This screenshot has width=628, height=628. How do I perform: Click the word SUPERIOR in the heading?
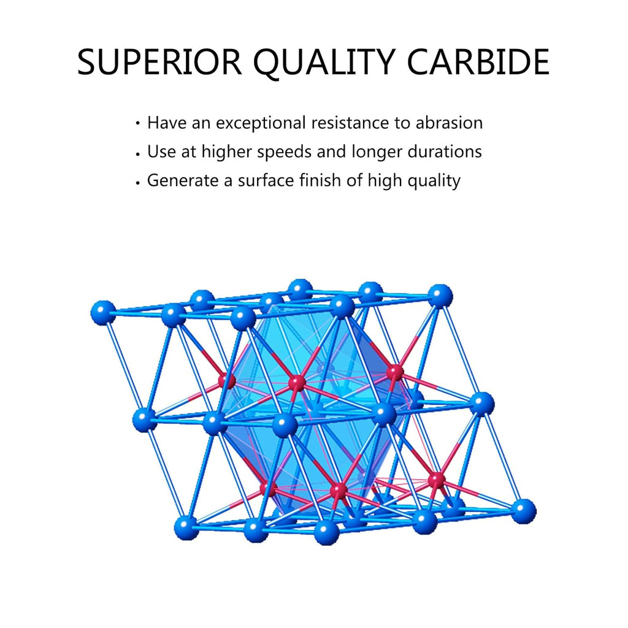point(160,62)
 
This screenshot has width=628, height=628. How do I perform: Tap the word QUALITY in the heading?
point(324,63)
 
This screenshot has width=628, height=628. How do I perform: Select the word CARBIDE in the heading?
point(478,62)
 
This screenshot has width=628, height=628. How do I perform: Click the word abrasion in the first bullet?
point(449,123)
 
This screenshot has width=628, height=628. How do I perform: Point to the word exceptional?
point(261,123)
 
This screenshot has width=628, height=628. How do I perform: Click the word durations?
point(445,151)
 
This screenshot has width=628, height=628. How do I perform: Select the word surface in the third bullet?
point(266,180)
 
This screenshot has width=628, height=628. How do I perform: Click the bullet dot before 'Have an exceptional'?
point(137,123)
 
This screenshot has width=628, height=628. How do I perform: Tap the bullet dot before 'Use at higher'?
point(137,153)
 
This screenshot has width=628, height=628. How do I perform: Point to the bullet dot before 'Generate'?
point(137,182)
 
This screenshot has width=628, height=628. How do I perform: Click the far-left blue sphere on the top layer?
point(103,313)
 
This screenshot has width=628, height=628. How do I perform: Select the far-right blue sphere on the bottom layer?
point(523,511)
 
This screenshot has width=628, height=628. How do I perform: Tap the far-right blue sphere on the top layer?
point(440,296)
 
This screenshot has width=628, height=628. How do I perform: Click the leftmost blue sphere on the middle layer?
point(145,419)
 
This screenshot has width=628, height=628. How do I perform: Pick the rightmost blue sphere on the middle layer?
point(482,404)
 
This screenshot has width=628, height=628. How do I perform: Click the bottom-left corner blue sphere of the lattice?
point(186,527)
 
